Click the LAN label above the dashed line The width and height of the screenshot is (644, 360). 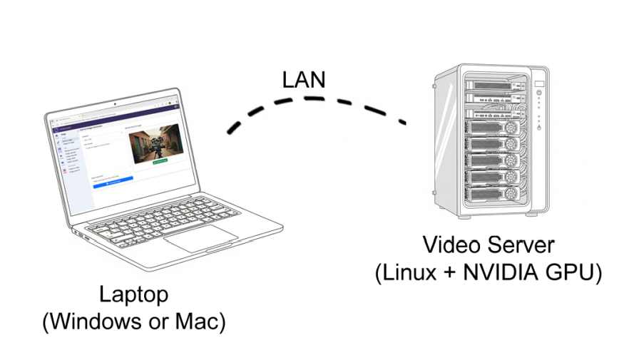304,78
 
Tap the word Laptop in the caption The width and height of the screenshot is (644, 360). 133,294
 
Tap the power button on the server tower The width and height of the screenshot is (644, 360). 539,128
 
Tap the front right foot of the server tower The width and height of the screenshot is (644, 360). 532,213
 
